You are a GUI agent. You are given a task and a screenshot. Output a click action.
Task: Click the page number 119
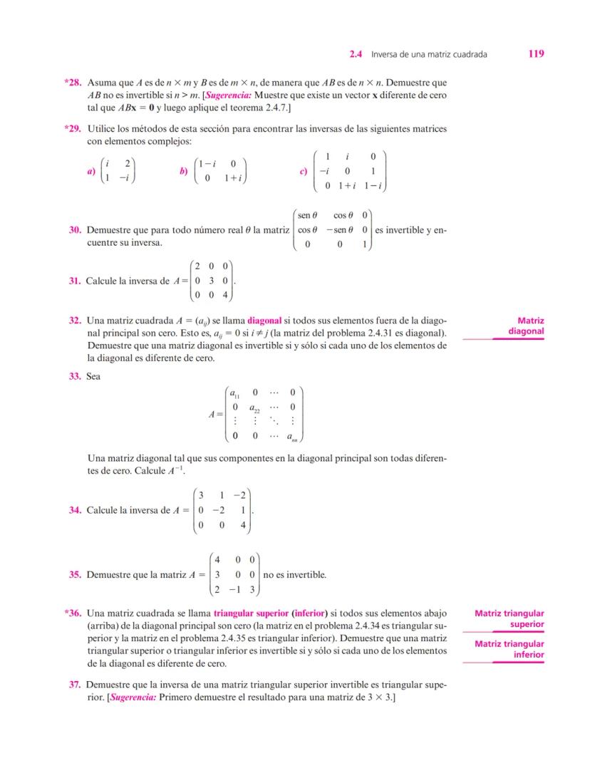coord(537,53)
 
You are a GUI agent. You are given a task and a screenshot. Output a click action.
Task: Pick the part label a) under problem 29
coord(90,172)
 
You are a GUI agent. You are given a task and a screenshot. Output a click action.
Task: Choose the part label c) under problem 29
coord(304,172)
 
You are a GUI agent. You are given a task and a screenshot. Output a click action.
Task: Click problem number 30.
coord(75,231)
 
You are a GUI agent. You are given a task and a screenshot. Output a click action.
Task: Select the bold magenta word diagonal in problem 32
coord(264,321)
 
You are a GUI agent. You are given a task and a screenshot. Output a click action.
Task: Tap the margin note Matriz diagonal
coord(527,326)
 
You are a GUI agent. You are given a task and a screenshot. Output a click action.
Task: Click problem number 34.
coord(75,510)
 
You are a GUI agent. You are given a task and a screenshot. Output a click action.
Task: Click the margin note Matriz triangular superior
coord(509,618)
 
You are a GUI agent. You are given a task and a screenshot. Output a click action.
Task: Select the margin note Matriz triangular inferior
coord(509,649)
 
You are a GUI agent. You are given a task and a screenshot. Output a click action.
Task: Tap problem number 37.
coord(75,685)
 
